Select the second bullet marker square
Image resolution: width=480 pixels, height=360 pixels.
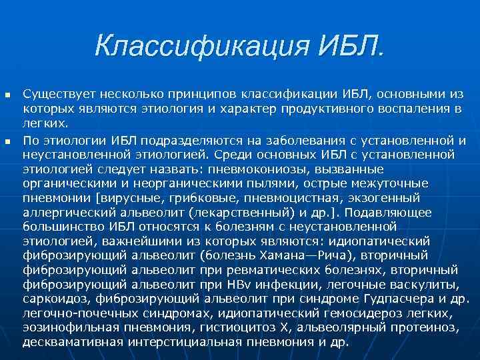pyautogui.click(x=8, y=140)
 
